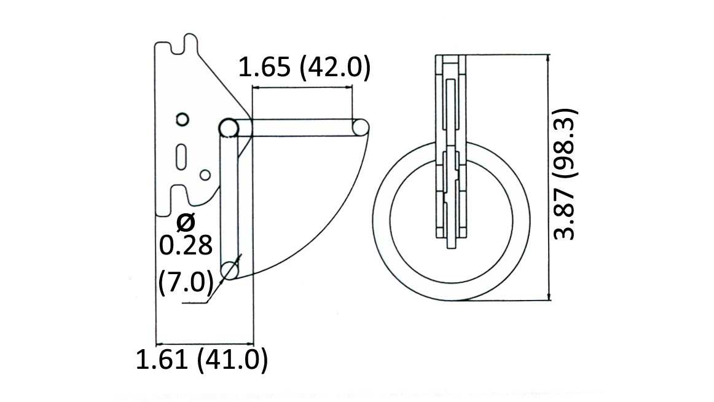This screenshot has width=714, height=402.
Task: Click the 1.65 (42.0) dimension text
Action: click(x=304, y=68)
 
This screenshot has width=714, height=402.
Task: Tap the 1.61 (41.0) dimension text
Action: click(x=202, y=360)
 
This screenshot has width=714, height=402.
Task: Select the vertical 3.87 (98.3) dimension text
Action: click(x=565, y=175)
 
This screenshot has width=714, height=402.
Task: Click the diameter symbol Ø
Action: click(x=185, y=221)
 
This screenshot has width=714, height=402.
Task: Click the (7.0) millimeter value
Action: click(x=186, y=282)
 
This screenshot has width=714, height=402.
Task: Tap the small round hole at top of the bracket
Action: click(x=182, y=119)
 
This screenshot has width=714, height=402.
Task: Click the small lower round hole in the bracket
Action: click(x=205, y=175)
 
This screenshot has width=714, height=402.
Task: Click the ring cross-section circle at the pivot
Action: click(x=229, y=128)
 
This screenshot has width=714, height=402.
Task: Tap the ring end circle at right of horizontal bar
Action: click(x=360, y=128)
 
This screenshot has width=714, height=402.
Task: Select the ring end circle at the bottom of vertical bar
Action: click(x=230, y=270)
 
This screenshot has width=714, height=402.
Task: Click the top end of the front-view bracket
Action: click(x=451, y=58)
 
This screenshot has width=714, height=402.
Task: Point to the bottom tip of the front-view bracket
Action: click(x=451, y=246)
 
